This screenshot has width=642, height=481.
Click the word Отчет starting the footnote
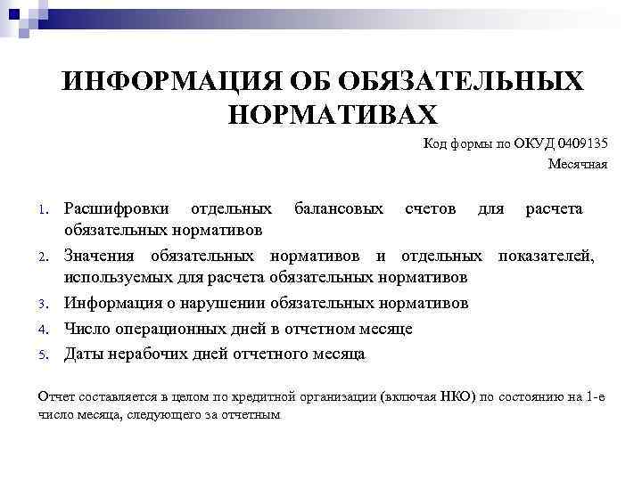[x=57, y=395]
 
